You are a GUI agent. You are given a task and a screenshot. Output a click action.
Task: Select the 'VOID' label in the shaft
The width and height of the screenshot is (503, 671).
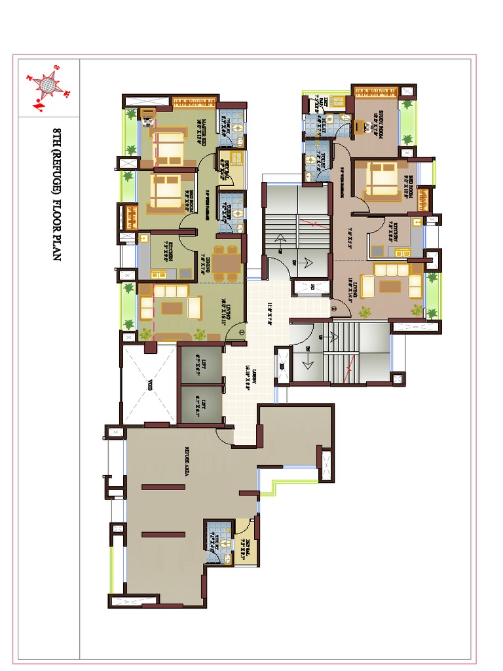click(150, 386)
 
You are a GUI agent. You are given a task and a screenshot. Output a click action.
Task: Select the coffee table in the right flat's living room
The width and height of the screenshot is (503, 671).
click(391, 286)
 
